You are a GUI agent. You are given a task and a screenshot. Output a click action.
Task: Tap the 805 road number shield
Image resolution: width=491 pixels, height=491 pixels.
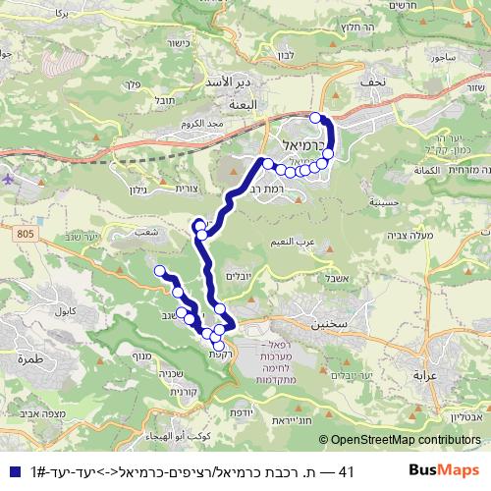26,232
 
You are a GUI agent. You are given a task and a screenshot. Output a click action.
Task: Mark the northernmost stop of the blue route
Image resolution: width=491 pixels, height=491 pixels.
315,118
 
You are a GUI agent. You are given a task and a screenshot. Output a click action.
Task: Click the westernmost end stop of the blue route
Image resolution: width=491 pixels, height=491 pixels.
158,270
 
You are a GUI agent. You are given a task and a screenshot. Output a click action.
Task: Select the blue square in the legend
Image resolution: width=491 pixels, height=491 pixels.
10,472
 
